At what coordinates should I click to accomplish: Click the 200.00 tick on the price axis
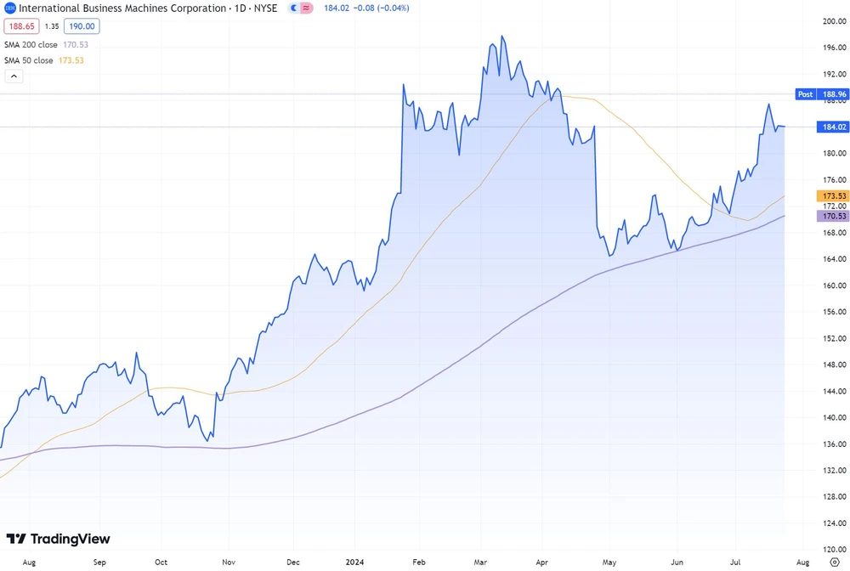click(x=833, y=21)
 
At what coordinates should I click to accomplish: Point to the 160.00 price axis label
click(x=833, y=285)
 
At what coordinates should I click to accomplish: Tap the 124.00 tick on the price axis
click(x=833, y=523)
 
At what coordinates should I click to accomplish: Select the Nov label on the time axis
click(x=228, y=562)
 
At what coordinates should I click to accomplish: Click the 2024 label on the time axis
click(x=356, y=562)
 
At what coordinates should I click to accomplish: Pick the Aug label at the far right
click(x=802, y=562)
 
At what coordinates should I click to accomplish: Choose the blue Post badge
click(x=805, y=94)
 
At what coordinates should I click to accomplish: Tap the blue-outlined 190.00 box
click(x=84, y=26)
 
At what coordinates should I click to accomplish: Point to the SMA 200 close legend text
click(x=32, y=43)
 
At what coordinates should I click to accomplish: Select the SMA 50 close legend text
click(x=30, y=60)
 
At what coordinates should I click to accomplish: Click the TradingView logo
click(x=58, y=539)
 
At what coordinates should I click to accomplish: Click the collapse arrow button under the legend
click(x=14, y=76)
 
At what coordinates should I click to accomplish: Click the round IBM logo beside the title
click(x=9, y=8)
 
